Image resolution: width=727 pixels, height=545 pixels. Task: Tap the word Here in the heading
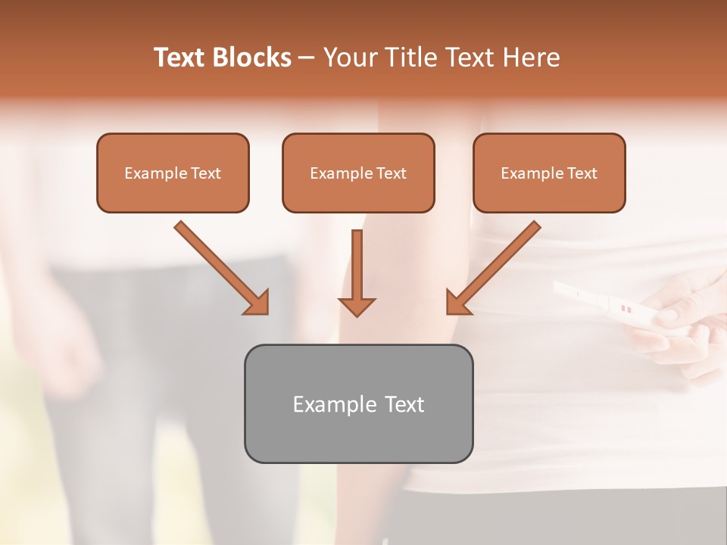tap(530, 58)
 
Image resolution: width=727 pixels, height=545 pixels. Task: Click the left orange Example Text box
tap(173, 173)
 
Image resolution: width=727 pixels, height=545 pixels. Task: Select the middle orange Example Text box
tap(358, 173)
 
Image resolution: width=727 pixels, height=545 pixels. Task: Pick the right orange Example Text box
tap(549, 173)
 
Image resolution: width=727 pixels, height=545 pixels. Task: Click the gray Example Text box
tap(358, 403)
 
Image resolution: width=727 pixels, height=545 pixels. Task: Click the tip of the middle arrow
tap(357, 313)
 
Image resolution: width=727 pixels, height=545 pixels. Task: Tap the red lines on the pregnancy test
tap(626, 309)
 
